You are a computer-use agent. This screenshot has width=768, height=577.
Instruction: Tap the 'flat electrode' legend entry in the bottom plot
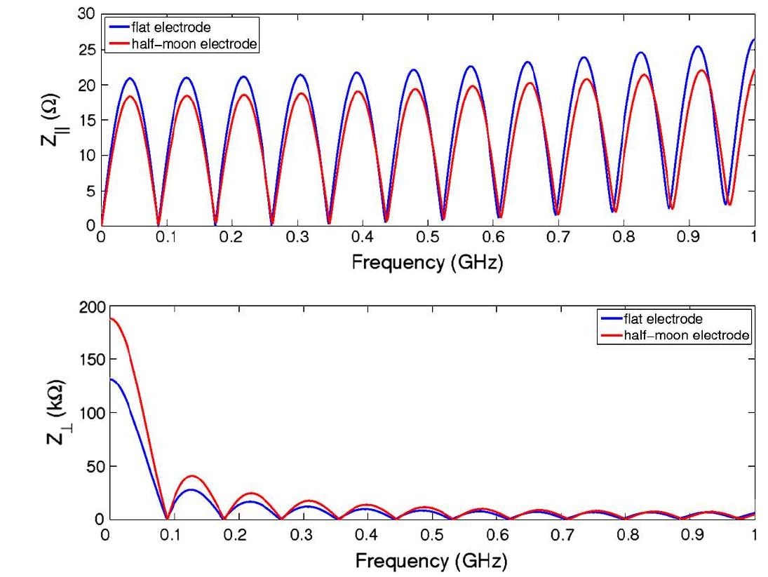coord(663,320)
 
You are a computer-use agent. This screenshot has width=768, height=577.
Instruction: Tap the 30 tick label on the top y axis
coord(86,14)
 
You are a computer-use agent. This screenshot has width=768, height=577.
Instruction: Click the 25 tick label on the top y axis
coord(86,50)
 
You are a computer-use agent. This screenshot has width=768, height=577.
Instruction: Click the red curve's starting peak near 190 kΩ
coord(107,318)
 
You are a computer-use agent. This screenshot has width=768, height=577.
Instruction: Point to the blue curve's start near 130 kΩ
coord(107,379)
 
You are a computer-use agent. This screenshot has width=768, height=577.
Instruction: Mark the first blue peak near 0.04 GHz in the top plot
coord(129,79)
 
